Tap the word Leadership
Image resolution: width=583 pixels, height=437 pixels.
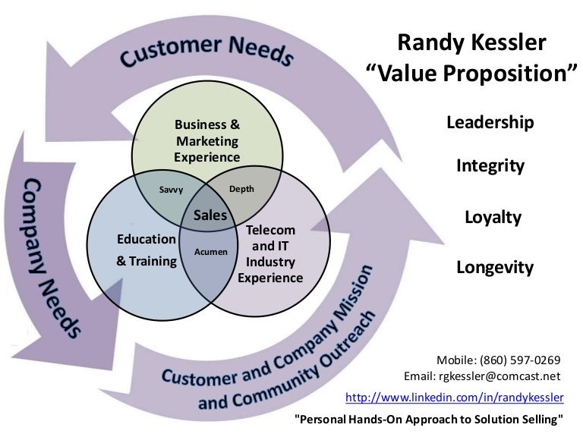pyautogui.click(x=490, y=122)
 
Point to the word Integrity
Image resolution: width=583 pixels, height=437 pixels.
pyautogui.click(x=490, y=165)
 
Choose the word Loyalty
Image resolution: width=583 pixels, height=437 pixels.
pyautogui.click(x=493, y=217)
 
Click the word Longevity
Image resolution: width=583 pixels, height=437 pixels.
pyautogui.click(x=494, y=267)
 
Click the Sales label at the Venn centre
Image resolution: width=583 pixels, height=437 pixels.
pyautogui.click(x=210, y=215)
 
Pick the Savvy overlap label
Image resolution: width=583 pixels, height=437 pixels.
pyautogui.click(x=170, y=190)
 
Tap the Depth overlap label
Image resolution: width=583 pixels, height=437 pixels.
pyautogui.click(x=241, y=189)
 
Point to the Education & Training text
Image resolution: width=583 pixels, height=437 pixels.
pyautogui.click(x=147, y=250)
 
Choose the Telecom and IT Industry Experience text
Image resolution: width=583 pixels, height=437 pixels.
pyautogui.click(x=270, y=253)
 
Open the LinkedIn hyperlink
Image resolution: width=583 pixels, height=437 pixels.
pyautogui.click(x=454, y=397)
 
